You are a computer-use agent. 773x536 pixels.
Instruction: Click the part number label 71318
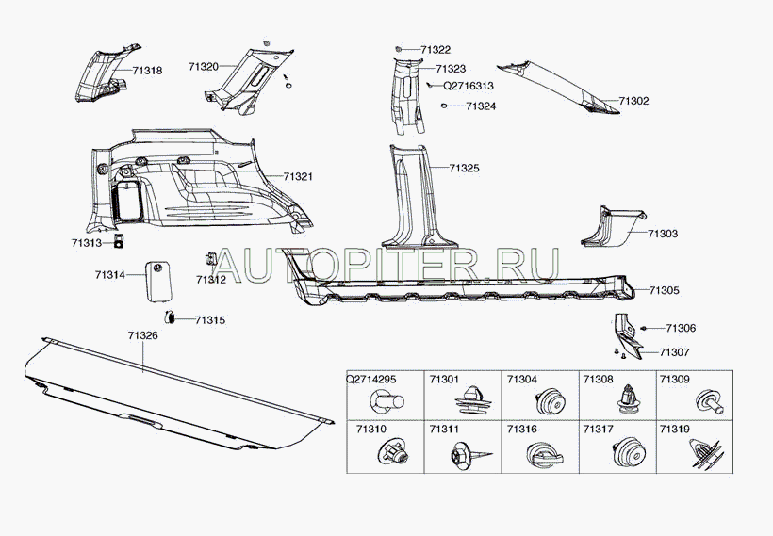coord(147,71)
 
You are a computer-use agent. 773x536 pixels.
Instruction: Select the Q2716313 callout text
coord(469,86)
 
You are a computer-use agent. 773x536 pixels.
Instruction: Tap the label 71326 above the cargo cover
coord(143,335)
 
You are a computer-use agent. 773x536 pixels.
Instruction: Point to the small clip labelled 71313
coord(119,241)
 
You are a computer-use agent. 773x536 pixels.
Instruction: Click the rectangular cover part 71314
coord(157,281)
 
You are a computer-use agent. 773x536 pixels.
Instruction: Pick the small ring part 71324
coord(444,106)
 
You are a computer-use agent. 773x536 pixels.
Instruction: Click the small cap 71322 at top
coord(399,49)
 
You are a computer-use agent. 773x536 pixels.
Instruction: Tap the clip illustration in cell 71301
coord(473,399)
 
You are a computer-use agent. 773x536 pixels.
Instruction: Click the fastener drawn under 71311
coord(469,454)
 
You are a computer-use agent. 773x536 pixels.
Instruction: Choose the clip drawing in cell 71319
coord(706,454)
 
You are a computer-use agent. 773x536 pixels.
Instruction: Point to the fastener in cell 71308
coord(628,398)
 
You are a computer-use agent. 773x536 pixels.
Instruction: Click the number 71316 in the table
coord(522,430)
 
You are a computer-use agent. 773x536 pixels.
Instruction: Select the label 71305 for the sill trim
coord(664,290)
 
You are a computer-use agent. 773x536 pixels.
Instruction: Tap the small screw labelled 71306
coord(644,328)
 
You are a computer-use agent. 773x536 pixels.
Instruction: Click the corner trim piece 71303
coord(611,228)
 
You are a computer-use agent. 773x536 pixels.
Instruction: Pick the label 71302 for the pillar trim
coord(634,101)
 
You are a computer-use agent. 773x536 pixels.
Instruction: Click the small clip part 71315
coord(170,317)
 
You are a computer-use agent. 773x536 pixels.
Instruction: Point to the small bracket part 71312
coord(210,258)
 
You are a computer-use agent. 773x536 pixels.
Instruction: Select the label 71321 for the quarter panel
coord(298,176)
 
